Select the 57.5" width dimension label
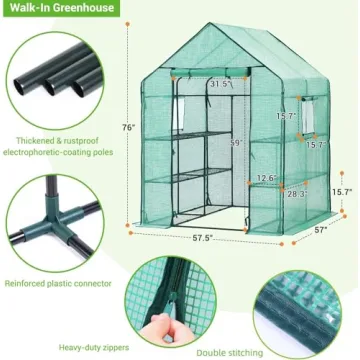[x=208, y=241]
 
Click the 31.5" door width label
[x=221, y=85]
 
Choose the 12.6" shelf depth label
[x=263, y=179]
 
